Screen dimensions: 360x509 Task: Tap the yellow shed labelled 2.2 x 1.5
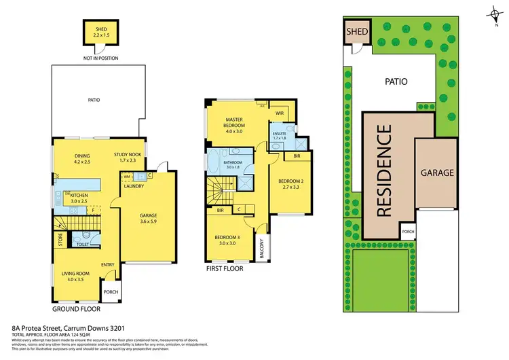(96, 33)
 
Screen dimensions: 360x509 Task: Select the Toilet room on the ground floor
(83, 241)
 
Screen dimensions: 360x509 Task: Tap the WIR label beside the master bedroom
(279, 113)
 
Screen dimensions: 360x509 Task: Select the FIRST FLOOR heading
(224, 269)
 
